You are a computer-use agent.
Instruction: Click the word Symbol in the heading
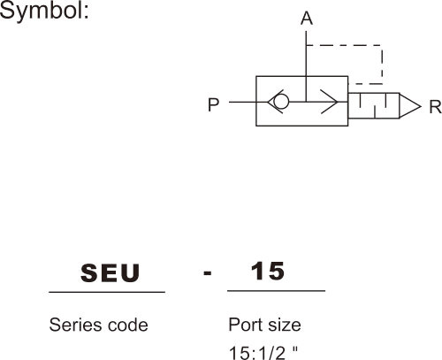[42, 11]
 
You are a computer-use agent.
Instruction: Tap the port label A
[307, 19]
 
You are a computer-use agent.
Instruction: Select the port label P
[214, 104]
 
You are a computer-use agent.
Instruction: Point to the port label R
[435, 107]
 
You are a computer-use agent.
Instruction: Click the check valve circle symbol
[281, 102]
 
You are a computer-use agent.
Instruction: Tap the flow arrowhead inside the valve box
[330, 102]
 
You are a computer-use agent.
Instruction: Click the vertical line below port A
[306, 66]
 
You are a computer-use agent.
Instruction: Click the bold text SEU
[110, 273]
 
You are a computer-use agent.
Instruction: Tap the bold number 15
[268, 271]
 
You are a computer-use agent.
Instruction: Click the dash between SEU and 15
[208, 273]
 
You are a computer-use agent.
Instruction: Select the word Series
[76, 325]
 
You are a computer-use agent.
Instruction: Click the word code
[128, 325]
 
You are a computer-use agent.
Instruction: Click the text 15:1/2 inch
[263, 352]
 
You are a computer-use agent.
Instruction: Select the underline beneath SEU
[107, 292]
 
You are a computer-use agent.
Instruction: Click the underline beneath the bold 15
[276, 291]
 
